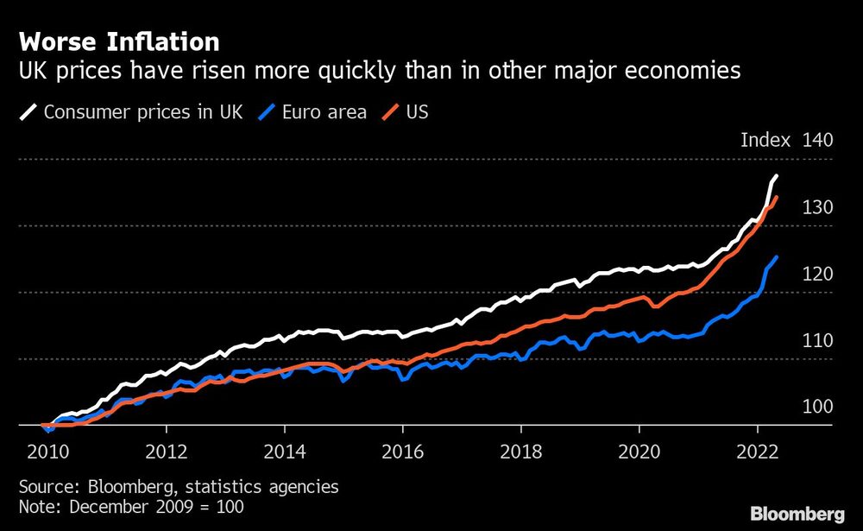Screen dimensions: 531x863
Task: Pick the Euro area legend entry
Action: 315,111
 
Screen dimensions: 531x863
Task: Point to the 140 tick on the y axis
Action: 817,141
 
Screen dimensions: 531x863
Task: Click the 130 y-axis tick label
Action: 817,207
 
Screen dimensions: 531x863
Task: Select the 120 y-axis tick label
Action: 817,274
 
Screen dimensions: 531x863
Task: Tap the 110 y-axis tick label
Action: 817,340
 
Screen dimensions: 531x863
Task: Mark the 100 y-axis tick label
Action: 817,407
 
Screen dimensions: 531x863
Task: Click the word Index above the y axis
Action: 765,141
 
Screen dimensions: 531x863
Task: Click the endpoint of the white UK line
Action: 777,176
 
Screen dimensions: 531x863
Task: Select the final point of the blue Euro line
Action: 777,256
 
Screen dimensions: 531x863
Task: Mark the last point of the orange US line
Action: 777,197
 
